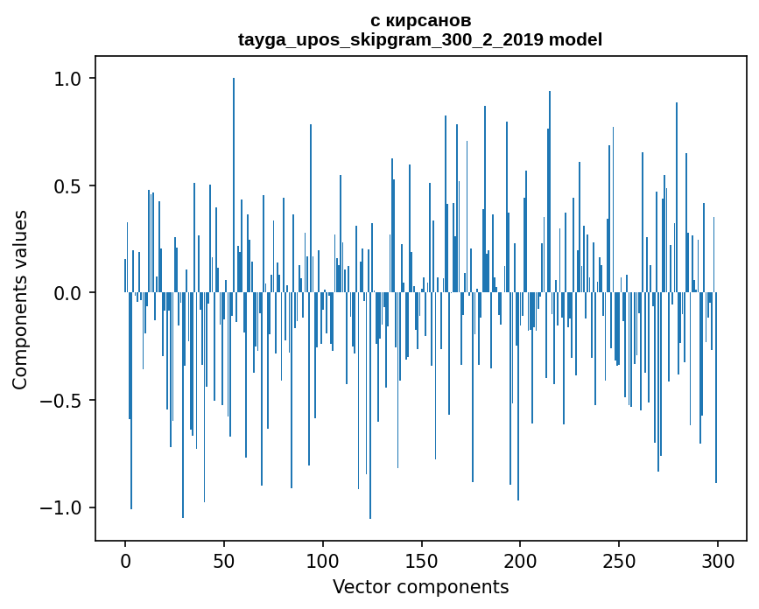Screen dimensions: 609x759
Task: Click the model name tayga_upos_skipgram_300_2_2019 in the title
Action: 390,39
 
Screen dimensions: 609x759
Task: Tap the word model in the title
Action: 575,39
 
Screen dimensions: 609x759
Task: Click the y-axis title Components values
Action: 20,299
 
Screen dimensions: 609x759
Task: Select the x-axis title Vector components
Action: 420,586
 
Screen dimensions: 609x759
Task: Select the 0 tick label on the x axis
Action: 125,561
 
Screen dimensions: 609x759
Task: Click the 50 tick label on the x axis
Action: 224,561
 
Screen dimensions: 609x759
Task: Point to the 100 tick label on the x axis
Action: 323,561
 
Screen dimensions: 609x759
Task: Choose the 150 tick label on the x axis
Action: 422,561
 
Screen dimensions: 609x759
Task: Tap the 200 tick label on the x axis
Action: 521,561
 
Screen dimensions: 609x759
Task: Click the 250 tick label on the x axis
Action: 619,561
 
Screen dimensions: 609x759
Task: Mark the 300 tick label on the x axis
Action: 718,561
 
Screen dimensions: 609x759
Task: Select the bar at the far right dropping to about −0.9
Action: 716,394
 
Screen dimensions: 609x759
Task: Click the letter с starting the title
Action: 376,20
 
